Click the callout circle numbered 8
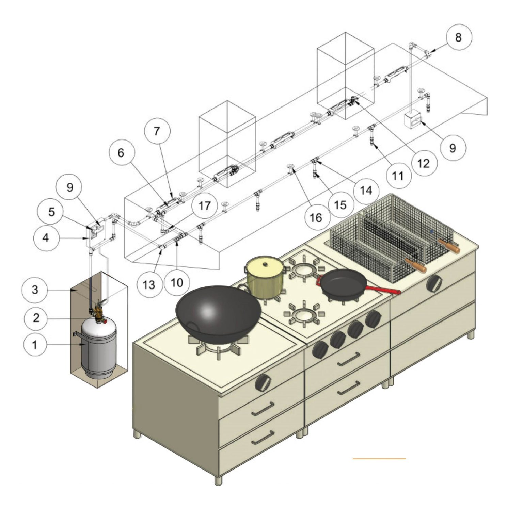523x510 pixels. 458,37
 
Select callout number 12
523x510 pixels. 424,163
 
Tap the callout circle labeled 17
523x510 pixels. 205,205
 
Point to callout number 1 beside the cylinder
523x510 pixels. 35,345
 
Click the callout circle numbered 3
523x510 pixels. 35,290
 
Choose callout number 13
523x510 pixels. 149,284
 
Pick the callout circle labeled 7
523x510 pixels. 157,131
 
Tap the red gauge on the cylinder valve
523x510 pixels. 105,321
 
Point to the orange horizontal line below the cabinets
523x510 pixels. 379,459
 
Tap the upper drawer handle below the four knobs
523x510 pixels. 348,359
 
